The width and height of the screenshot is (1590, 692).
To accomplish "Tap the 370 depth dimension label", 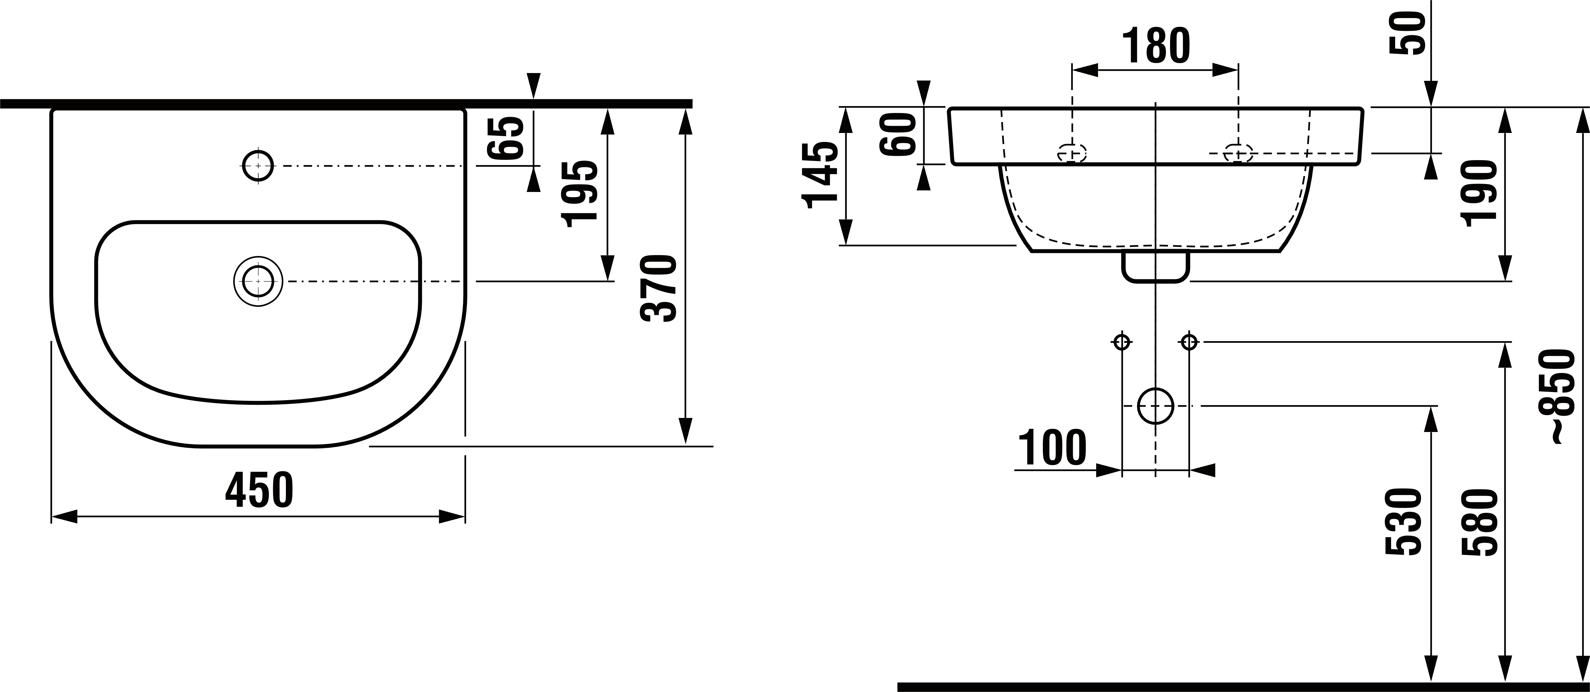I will tap(659, 288).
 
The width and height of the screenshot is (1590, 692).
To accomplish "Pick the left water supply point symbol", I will tap(1121, 341).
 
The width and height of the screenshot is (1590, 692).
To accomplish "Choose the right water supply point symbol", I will tap(1189, 341).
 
